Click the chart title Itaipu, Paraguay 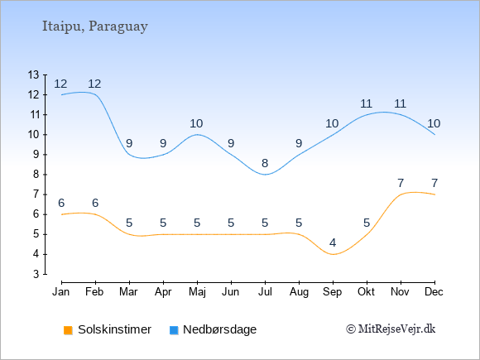[x=95, y=26]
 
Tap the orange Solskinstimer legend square [x=68, y=330]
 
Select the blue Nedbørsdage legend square [x=174, y=330]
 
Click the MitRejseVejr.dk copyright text [x=391, y=329]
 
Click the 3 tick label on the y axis [x=36, y=274]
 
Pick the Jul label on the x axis [x=265, y=292]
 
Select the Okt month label [x=366, y=292]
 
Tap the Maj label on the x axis [x=197, y=292]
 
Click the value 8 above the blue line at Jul [x=265, y=164]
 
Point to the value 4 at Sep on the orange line [x=333, y=243]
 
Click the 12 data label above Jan [x=60, y=84]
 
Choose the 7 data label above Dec [x=434, y=183]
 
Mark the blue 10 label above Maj [x=196, y=123]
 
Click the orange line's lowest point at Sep [x=333, y=254]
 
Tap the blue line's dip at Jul [x=265, y=175]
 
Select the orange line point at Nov [x=401, y=194]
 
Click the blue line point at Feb [x=95, y=94]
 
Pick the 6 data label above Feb [x=95, y=203]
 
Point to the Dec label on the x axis [x=434, y=292]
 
